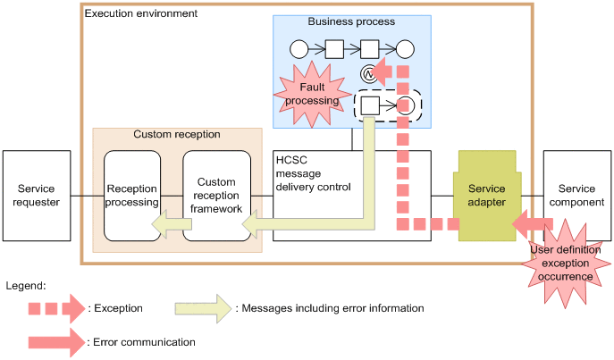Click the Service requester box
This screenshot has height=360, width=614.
click(x=38, y=195)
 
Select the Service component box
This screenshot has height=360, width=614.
click(x=576, y=195)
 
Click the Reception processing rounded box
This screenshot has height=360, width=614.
click(x=131, y=195)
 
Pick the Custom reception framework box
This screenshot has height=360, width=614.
click(x=215, y=195)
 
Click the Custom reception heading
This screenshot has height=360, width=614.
click(x=177, y=134)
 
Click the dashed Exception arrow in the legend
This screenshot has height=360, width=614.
click(x=56, y=309)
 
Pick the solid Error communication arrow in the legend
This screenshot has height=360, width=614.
click(x=56, y=340)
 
